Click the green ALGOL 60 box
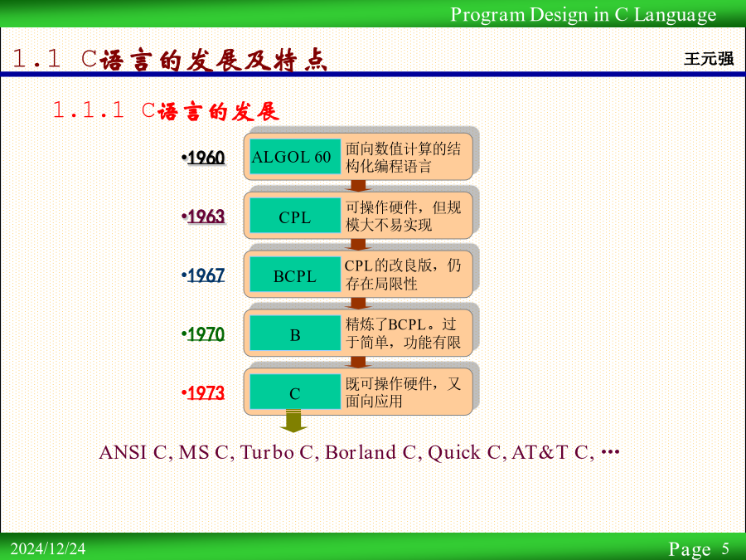(x=295, y=156)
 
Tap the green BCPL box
(x=295, y=275)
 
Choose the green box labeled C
(x=295, y=392)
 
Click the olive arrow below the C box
(x=293, y=421)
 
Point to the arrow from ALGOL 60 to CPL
(x=358, y=186)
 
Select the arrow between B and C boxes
(x=358, y=363)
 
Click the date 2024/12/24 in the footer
(x=48, y=548)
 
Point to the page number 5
(x=725, y=548)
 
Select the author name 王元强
(x=709, y=59)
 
